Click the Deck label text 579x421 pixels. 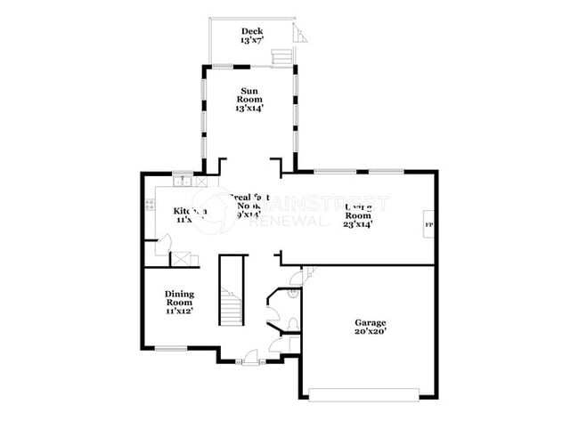coord(249,32)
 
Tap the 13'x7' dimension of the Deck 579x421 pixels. coord(249,41)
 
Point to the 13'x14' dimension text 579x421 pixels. coord(250,108)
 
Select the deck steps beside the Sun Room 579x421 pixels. coord(281,56)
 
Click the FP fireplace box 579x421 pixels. coord(429,223)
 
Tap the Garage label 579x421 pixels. coord(370,322)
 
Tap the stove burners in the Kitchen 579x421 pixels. coord(150,206)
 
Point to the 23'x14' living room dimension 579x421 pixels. coord(358,224)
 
